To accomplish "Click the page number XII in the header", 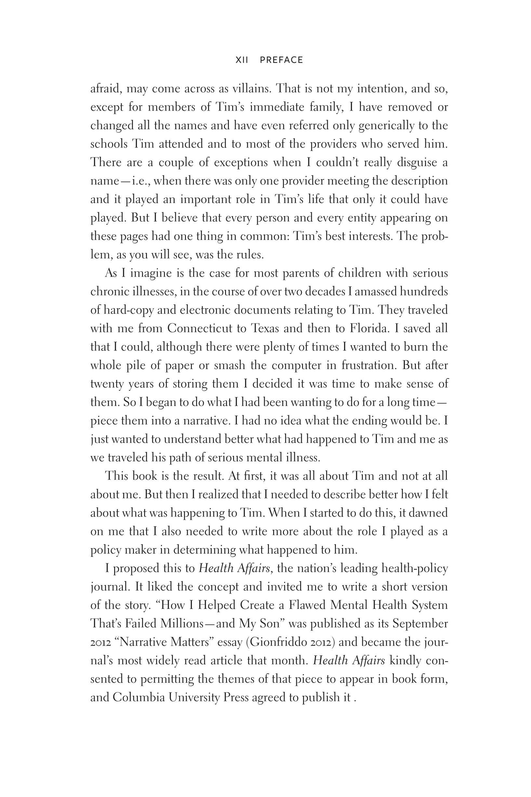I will (242, 60).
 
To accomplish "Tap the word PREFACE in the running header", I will (281, 60).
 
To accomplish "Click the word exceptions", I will (241, 162).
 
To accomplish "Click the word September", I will (420, 624).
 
